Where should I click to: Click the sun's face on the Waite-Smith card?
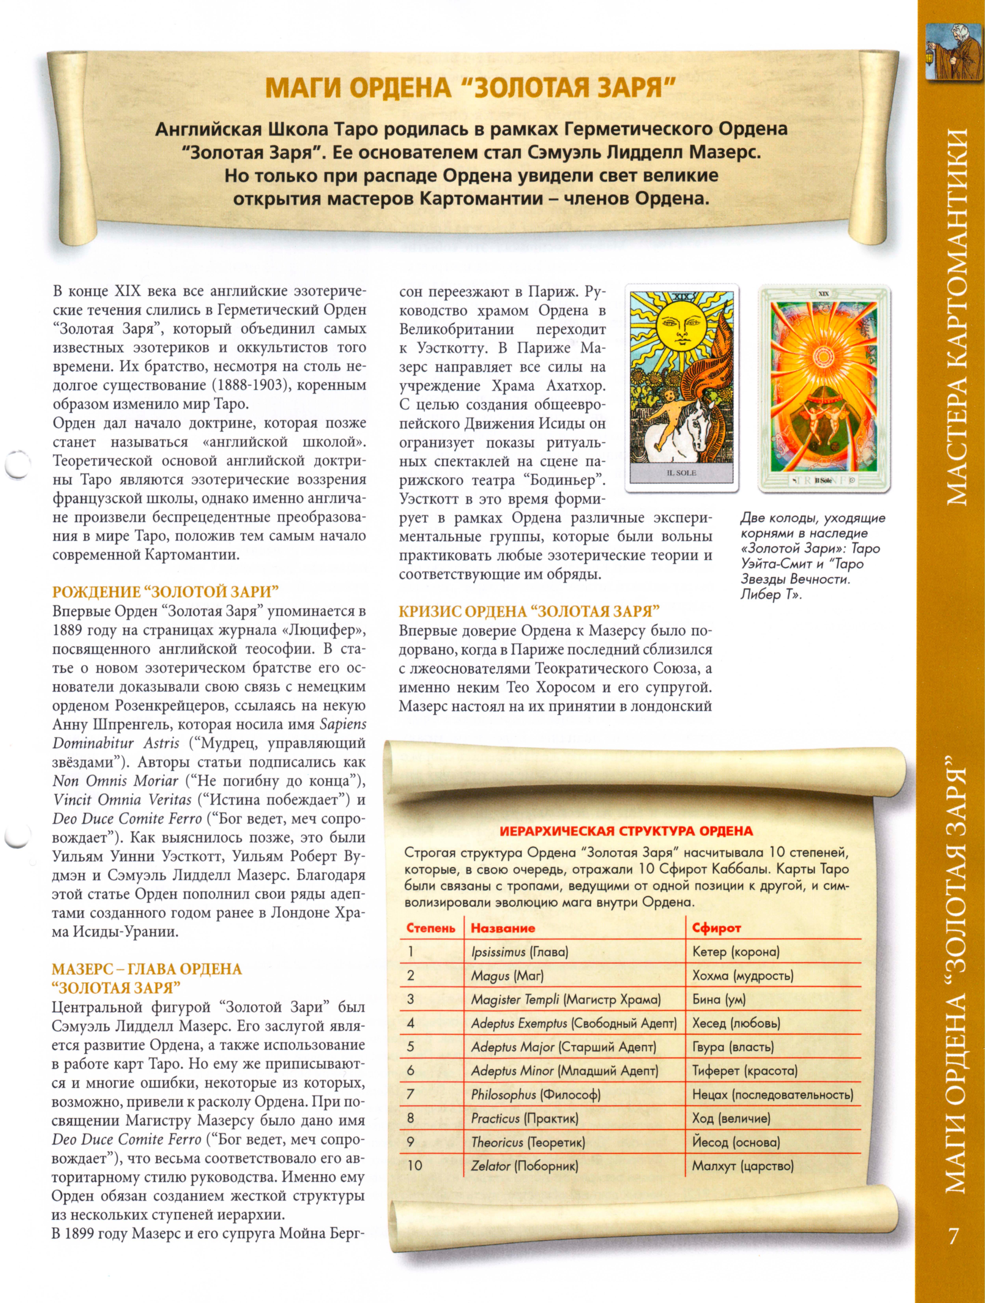pyautogui.click(x=681, y=326)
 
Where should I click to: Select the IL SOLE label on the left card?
pyautogui.click(x=681, y=472)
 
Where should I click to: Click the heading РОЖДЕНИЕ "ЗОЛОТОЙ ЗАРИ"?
pyautogui.click(x=165, y=592)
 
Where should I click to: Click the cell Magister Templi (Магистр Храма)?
pyautogui.click(x=565, y=1000)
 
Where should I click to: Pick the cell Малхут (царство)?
pyautogui.click(x=743, y=1166)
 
